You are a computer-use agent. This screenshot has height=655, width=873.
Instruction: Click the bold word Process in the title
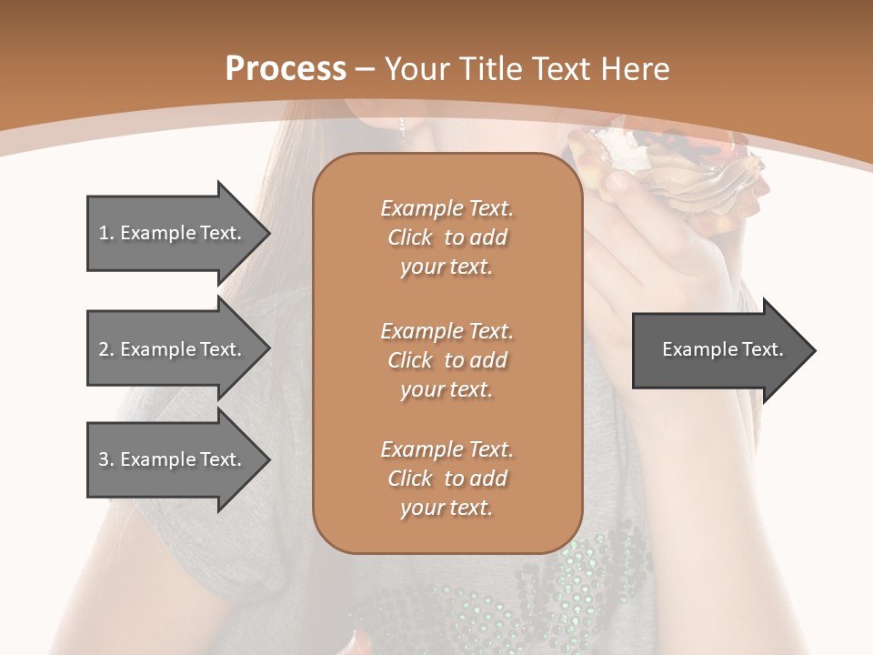286,69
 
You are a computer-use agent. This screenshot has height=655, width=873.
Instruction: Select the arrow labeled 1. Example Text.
169,233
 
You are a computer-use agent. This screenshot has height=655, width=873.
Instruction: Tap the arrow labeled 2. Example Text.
169,349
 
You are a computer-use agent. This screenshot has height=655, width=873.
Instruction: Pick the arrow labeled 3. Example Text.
169,459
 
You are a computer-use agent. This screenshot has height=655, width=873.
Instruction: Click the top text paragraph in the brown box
447,237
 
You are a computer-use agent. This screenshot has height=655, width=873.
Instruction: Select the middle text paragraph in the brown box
447,360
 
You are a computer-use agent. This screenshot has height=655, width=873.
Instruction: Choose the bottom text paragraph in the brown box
447,479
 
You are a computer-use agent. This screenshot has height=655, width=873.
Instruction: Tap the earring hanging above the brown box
401,126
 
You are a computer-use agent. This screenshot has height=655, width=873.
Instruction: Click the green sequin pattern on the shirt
582,582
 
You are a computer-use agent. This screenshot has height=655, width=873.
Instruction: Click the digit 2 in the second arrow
104,349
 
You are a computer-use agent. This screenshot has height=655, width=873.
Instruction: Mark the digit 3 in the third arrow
104,459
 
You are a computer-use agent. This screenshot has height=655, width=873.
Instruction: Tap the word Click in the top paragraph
410,237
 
